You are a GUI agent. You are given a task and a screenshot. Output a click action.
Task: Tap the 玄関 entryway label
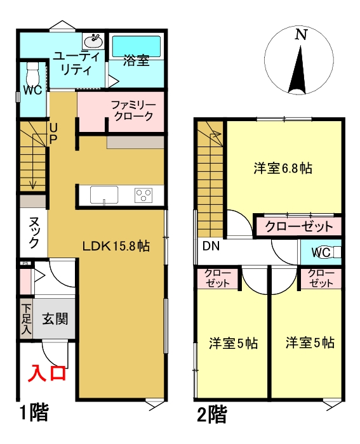coord(55,318)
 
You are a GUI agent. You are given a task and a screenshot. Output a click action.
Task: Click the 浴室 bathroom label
coord(136,62)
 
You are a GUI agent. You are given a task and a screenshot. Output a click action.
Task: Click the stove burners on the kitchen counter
coord(144,195)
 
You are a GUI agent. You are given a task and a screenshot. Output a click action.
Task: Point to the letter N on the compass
coord(300,36)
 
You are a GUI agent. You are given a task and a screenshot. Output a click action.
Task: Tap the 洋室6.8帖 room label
coord(282,169)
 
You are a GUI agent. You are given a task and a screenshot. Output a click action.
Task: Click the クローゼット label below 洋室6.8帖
coord(298,226)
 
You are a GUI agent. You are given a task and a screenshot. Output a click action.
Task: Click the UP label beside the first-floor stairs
coord(53,133)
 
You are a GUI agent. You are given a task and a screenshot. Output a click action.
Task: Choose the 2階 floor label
coord(212,415)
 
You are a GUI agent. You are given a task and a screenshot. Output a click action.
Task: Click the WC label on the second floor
coord(320,252)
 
